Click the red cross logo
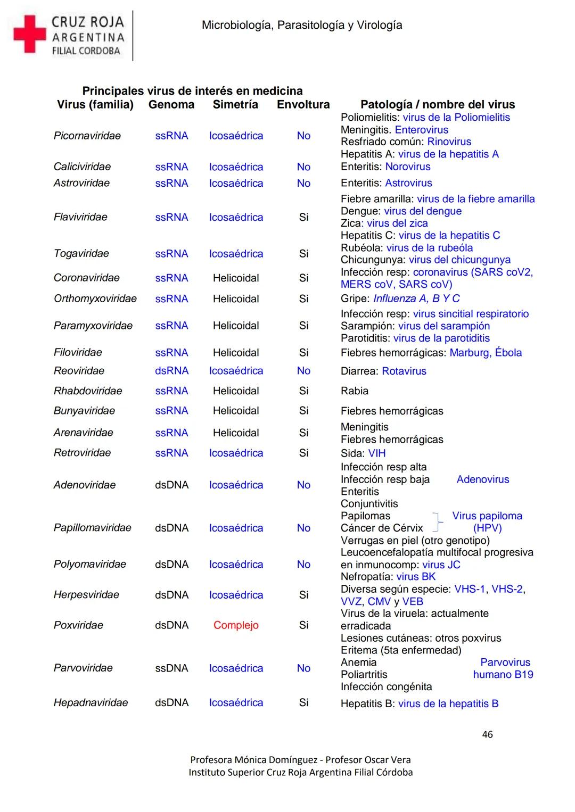29,34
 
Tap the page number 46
487,734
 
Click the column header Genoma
171,104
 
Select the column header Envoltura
303,104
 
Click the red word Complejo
236,625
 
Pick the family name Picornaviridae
87,136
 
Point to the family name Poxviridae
78,625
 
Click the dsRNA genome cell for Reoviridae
171,371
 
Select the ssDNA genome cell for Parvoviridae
171,668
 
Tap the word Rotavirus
404,371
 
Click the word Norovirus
408,167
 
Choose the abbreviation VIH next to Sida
377,453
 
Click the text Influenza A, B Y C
416,299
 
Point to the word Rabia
355,391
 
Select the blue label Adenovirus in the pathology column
483,479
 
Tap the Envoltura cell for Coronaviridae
303,278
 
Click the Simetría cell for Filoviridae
236,352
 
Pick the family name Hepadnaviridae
91,703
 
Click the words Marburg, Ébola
486,352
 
